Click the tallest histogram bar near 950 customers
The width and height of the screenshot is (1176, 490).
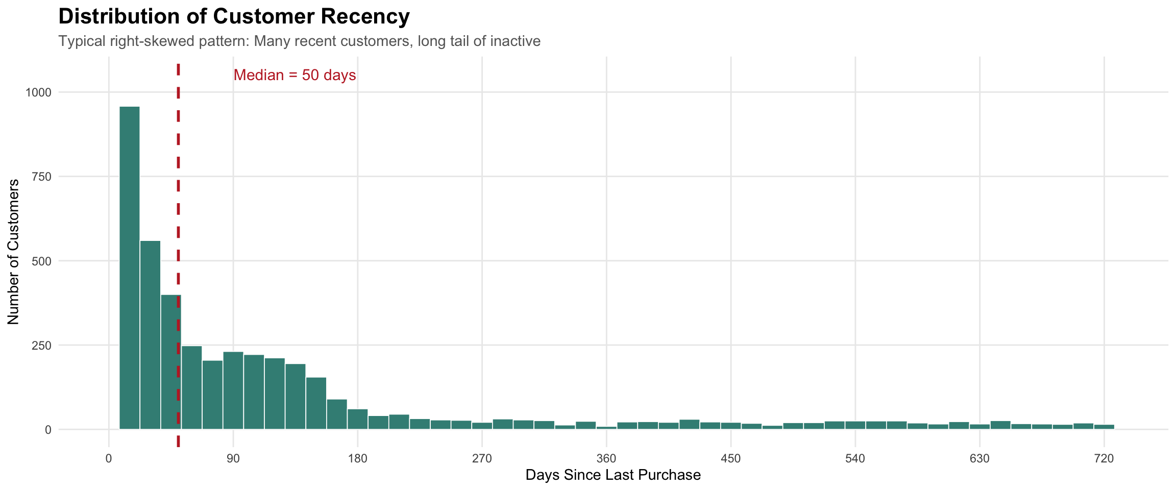(x=130, y=268)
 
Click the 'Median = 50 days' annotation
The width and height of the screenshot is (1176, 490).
(x=295, y=76)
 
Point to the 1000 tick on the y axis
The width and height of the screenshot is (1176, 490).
(x=39, y=92)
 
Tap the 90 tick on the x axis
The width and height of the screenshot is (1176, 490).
(x=233, y=458)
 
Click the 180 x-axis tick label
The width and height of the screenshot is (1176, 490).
(x=357, y=458)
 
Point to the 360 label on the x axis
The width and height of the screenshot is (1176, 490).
(x=606, y=458)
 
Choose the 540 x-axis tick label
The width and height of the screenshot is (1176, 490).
(x=855, y=458)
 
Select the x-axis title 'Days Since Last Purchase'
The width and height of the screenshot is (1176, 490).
(x=612, y=476)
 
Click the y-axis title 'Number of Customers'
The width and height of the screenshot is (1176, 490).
(x=14, y=252)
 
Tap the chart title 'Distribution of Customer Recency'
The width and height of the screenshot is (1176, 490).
(x=234, y=17)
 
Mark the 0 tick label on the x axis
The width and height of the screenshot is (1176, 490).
(x=109, y=458)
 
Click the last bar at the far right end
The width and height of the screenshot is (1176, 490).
(x=1104, y=427)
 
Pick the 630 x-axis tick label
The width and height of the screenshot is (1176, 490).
(x=979, y=458)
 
